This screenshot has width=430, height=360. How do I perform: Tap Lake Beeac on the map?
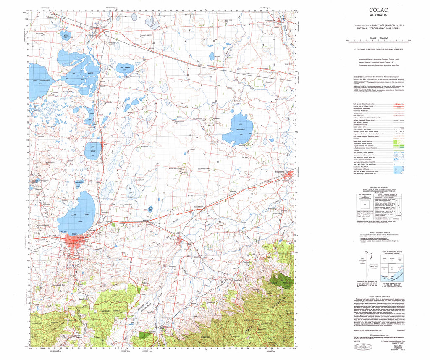(93, 151)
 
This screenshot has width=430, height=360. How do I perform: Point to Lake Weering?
(126, 68)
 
